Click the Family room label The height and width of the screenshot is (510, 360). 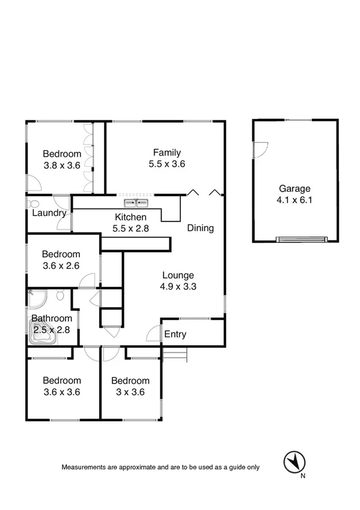coord(166,153)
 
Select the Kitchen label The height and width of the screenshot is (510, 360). coord(130,217)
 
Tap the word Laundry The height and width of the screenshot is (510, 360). coord(49,213)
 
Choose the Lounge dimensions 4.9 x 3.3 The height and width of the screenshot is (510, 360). coord(177,286)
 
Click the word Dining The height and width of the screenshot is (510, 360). coord(200,229)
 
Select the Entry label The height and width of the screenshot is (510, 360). coord(175,334)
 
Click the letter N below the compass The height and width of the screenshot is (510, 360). coord(304,477)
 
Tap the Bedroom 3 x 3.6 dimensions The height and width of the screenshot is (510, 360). coord(130,392)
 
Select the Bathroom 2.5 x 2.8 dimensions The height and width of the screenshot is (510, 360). coord(52,329)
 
